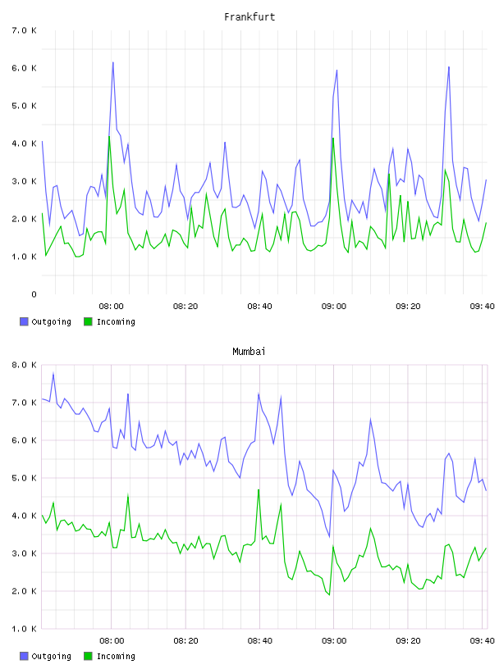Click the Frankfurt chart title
click(249, 17)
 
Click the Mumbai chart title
click(249, 352)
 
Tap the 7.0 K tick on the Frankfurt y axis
click(25, 30)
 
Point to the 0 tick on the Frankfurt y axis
click(34, 294)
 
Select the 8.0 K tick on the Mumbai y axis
click(25, 365)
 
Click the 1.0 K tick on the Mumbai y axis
click(25, 629)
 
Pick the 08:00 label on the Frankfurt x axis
click(111, 307)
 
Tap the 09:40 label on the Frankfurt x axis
click(482, 307)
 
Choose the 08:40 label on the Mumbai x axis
click(259, 641)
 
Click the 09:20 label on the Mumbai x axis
click(408, 641)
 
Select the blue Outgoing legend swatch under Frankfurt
click(24, 321)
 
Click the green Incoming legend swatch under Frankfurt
click(88, 321)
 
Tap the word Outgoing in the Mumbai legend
click(51, 656)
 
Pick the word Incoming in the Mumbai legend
click(116, 656)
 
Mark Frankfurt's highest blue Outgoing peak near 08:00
click(113, 62)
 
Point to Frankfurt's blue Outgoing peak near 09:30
click(449, 67)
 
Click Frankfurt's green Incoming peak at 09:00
click(333, 139)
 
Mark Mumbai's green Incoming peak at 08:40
click(259, 489)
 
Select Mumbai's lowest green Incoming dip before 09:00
click(329, 594)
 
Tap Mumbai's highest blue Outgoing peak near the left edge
click(53, 373)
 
